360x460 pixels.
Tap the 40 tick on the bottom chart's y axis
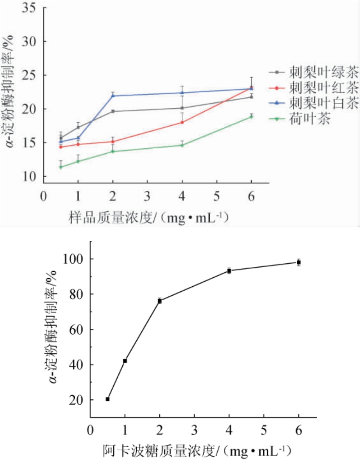click(x=76, y=365)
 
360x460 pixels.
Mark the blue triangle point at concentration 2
click(x=113, y=96)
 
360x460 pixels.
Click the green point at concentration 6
click(x=251, y=116)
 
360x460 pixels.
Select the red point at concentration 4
click(x=182, y=122)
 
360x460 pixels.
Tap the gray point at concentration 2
click(x=113, y=111)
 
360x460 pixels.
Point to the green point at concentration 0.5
click(x=61, y=167)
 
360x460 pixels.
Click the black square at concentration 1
click(x=125, y=361)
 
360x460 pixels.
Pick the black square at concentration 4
click(x=229, y=271)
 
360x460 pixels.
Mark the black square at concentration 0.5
click(x=108, y=399)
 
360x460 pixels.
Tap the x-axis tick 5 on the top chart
click(x=217, y=197)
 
